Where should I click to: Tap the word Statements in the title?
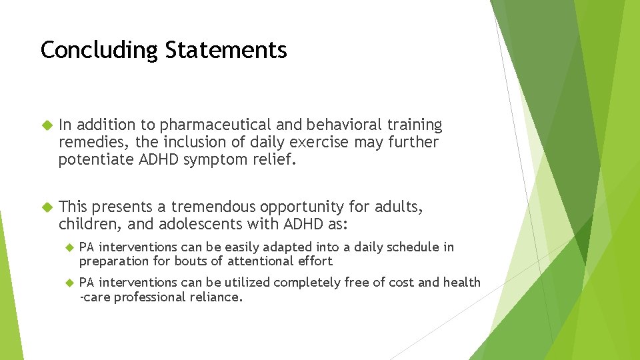(226, 50)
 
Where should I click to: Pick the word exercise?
(320, 143)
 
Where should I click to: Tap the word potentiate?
(93, 160)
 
